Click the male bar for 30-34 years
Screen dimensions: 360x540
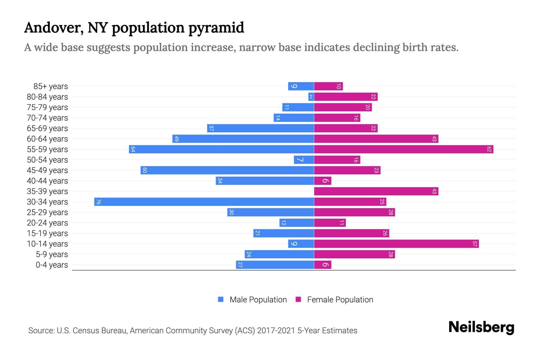click(204, 202)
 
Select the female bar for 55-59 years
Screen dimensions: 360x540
click(403, 149)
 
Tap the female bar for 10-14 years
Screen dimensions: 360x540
click(396, 244)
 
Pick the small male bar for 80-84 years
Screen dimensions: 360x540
click(311, 97)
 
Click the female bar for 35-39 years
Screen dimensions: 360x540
click(376, 191)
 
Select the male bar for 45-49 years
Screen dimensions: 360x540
click(227, 170)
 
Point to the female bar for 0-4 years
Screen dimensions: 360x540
click(322, 265)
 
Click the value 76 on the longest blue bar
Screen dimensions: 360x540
click(98, 202)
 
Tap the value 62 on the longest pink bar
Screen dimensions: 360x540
click(489, 149)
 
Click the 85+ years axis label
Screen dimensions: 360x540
click(50, 86)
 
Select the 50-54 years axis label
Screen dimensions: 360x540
click(47, 160)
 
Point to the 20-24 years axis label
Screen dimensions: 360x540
click(47, 223)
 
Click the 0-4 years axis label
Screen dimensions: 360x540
click(52, 265)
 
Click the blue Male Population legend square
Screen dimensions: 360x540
click(221, 299)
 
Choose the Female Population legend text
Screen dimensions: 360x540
click(340, 299)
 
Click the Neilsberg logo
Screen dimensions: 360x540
click(481, 327)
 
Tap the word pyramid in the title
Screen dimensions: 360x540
click(216, 28)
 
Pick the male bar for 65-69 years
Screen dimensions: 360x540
click(260, 128)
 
